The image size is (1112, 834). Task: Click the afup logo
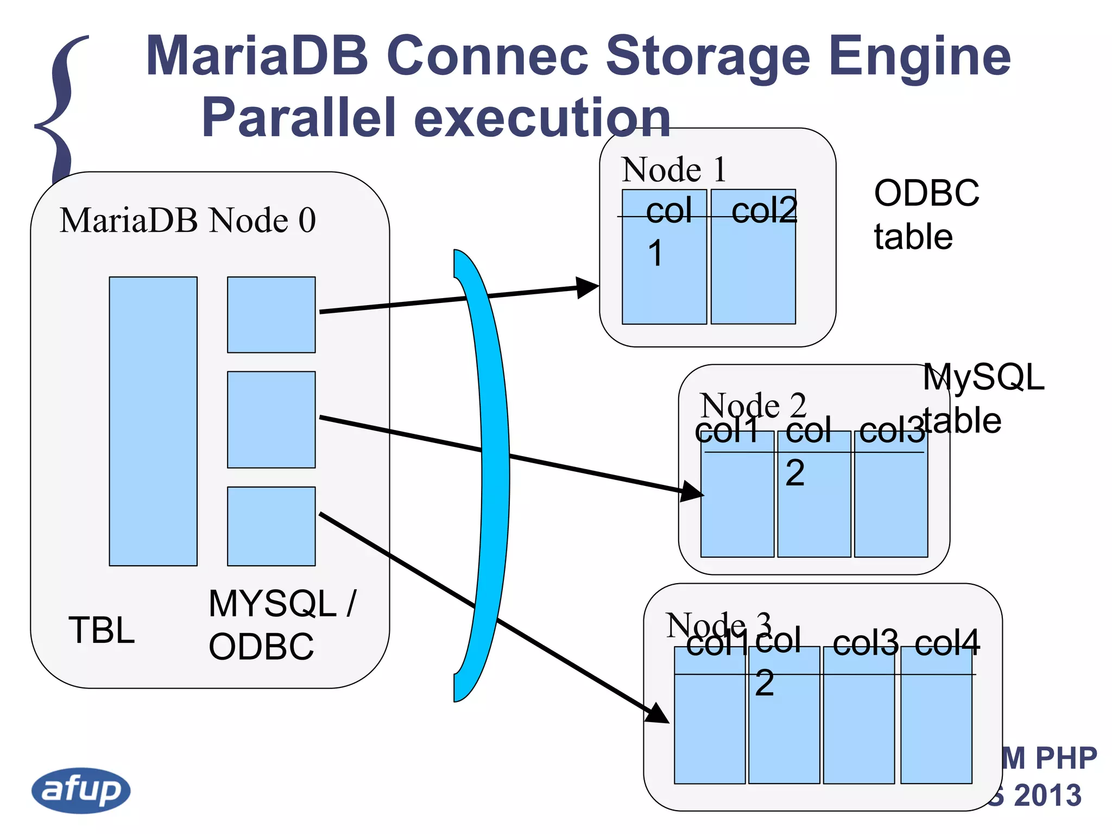click(x=81, y=790)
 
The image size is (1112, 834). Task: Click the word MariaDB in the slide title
click(x=257, y=56)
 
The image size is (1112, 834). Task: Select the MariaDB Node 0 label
click(x=187, y=220)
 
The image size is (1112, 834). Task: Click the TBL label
click(x=102, y=630)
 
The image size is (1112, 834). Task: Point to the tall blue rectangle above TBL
click(x=153, y=421)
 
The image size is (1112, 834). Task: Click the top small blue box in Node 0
click(x=271, y=314)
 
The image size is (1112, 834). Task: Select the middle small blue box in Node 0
click(x=271, y=419)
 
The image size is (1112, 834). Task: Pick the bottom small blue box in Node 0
click(x=271, y=526)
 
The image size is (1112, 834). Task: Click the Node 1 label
click(x=673, y=169)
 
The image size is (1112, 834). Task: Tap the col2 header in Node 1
click(x=764, y=211)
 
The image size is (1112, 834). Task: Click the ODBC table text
click(x=926, y=214)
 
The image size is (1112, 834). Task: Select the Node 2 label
click(x=753, y=405)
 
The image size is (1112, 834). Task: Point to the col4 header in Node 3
click(x=947, y=643)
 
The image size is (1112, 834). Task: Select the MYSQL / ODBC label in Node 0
click(x=281, y=624)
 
